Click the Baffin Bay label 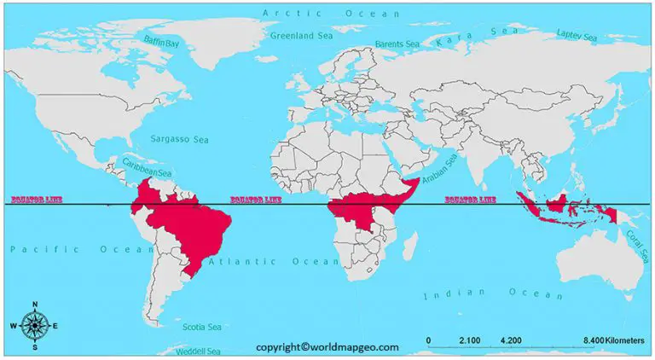(162, 42)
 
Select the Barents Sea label (397, 44)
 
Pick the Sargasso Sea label (174, 138)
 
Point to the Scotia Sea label (202, 327)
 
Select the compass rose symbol (34, 325)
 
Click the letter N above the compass (34, 305)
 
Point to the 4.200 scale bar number (511, 340)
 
